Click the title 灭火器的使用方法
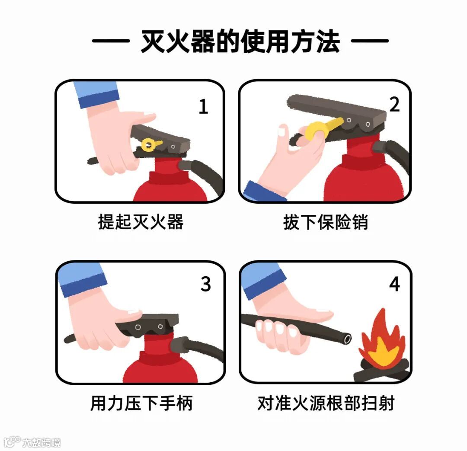point(240,42)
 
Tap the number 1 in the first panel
point(203,106)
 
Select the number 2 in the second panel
point(394,105)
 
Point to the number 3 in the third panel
point(205,284)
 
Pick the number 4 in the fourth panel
point(394,284)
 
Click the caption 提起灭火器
point(141,222)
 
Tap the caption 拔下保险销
point(326,222)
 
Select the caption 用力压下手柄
point(141,403)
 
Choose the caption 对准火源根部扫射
point(326,403)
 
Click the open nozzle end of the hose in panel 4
point(347,339)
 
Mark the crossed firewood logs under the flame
point(381,371)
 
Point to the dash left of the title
point(111,41)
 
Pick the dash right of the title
point(370,41)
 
